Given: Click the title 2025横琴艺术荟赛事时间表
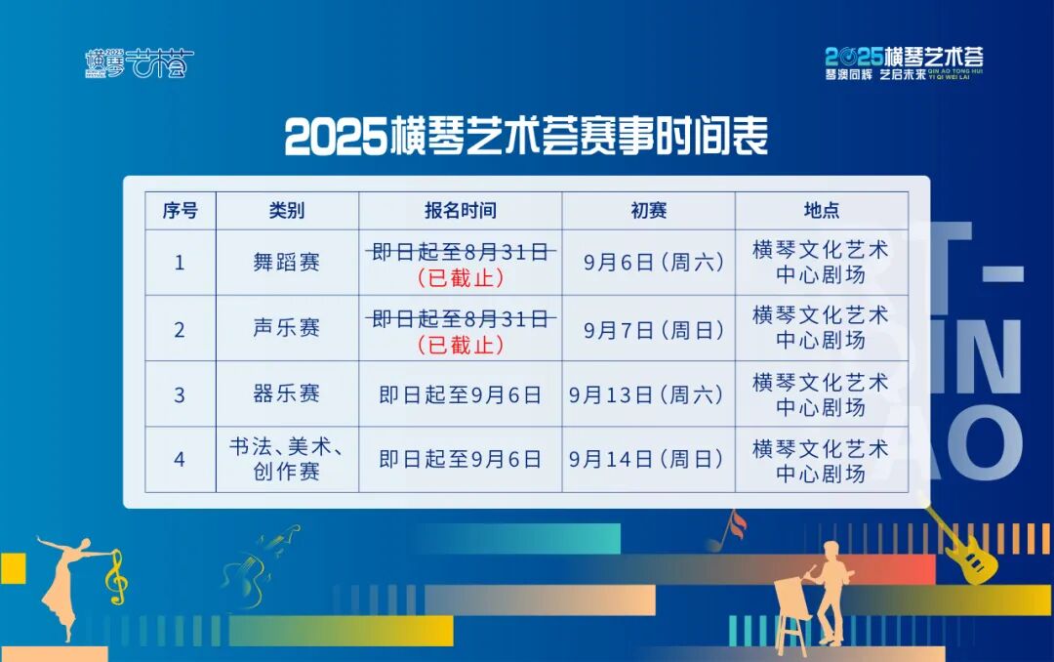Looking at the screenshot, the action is coord(526,136).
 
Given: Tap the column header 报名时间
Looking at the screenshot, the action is coord(461,211).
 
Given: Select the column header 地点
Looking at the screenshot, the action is coord(822,211).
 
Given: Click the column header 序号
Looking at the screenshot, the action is coord(181,211).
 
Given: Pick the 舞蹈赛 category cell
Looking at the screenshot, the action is coord(286,262).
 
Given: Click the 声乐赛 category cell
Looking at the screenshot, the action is coord(286,328).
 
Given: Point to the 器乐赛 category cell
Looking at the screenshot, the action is coord(286,393).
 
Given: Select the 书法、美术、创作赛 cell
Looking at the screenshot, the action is coord(286,459).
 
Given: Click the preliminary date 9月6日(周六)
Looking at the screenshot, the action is coord(653,262).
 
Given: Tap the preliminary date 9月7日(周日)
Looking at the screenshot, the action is coord(653,330).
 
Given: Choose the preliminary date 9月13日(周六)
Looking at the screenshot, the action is coord(646,394).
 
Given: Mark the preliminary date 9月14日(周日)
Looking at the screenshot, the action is coord(646,459).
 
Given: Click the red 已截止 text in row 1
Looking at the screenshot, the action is coord(461,278).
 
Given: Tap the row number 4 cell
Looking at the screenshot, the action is coord(180,460).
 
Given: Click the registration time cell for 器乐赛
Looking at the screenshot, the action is coord(461,394).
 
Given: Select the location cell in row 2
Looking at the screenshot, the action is coord(822,328).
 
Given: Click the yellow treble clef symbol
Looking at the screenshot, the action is coord(115,577).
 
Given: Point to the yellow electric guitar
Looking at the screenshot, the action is coord(961,545).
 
